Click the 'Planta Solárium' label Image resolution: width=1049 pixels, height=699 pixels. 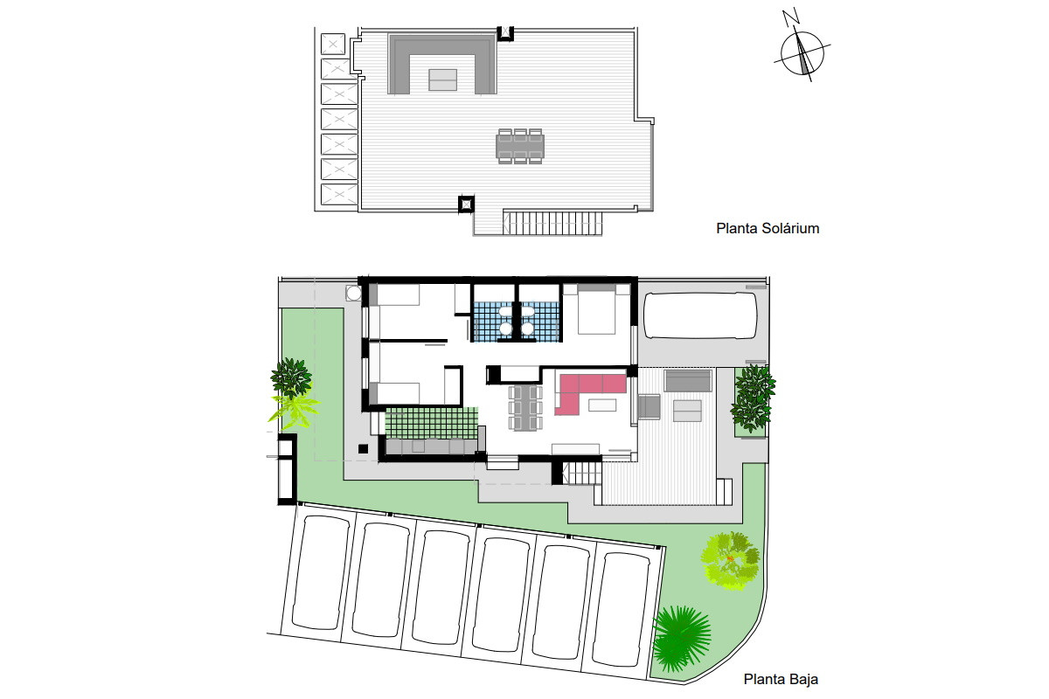tap(768, 228)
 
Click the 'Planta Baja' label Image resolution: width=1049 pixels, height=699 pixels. tap(781, 679)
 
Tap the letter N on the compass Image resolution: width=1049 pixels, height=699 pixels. tap(791, 17)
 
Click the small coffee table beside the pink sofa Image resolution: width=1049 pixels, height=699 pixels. tap(602, 405)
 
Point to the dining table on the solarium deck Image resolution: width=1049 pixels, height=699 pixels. tap(520, 146)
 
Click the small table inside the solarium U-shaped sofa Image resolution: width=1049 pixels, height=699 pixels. tap(442, 80)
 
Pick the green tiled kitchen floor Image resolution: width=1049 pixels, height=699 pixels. tap(431, 423)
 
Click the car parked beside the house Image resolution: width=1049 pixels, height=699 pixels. tap(700, 315)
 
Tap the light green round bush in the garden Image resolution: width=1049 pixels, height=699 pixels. tap(730, 560)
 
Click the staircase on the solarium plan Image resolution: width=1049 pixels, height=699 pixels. tap(552, 223)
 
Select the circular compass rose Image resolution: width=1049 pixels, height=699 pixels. tap(802, 52)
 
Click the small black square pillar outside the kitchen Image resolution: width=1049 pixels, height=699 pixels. tap(363, 449)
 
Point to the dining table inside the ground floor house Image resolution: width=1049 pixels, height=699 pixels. tap(525, 407)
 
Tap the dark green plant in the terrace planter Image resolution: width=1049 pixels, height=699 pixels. tap(752, 398)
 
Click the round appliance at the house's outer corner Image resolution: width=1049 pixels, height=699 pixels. tap(353, 293)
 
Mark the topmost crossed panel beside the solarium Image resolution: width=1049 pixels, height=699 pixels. tap(333, 44)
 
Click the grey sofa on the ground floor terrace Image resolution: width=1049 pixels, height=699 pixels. tap(689, 381)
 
